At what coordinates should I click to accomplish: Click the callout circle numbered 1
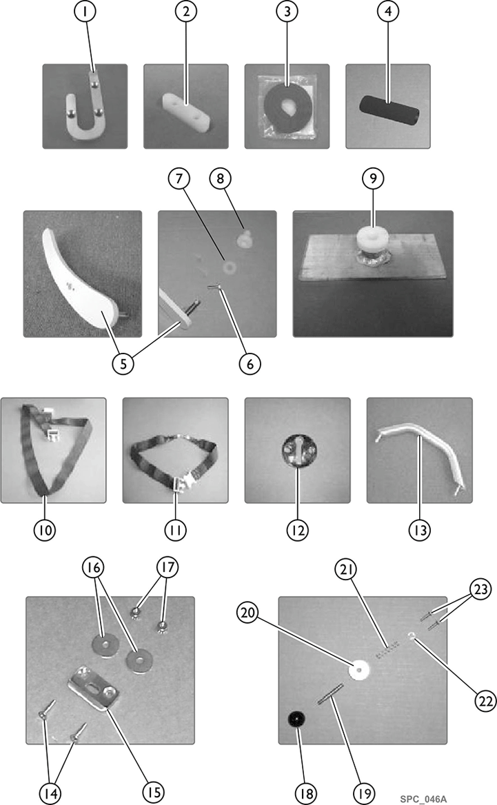[x=85, y=11]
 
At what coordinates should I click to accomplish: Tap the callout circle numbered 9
[x=373, y=178]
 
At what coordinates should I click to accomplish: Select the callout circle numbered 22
[x=486, y=701]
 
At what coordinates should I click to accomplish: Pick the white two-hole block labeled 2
[x=186, y=110]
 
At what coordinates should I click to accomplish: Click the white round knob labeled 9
[x=373, y=237]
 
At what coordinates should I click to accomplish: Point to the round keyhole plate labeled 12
[x=299, y=450]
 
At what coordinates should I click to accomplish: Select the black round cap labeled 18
[x=297, y=720]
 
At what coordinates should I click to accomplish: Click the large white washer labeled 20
[x=359, y=669]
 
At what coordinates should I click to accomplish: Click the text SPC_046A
[x=423, y=799]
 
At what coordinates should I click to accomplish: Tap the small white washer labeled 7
[x=229, y=267]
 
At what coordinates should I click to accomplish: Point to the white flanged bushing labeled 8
[x=244, y=238]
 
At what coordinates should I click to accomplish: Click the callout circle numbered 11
[x=175, y=530]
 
